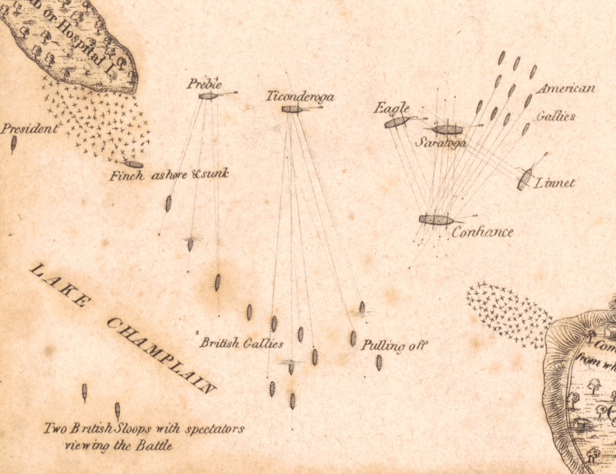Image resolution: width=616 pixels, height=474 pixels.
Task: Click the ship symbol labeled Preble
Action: pos(208,96)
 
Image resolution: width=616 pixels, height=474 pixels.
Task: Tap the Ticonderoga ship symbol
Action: pos(292,109)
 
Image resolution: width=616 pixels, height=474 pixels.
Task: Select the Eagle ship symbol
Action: pos(396,122)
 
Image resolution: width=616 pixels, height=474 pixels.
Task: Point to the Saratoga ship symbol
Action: pos(448,129)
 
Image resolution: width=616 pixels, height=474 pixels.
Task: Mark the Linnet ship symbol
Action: pos(526,179)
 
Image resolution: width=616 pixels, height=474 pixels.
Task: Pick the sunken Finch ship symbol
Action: pos(134,164)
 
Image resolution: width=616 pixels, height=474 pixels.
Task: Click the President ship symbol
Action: pos(13,144)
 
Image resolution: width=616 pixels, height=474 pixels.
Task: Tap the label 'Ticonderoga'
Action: pos(300,97)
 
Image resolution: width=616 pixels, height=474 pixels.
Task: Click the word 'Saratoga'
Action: pos(441,143)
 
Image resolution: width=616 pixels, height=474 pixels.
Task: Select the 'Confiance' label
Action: pos(483,232)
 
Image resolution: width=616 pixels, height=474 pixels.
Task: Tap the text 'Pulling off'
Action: pos(395,346)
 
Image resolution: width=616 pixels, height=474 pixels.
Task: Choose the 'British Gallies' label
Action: pos(241,342)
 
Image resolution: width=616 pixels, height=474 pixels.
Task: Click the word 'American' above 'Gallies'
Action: pos(566,89)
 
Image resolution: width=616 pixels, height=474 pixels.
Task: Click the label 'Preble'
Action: pos(204,84)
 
